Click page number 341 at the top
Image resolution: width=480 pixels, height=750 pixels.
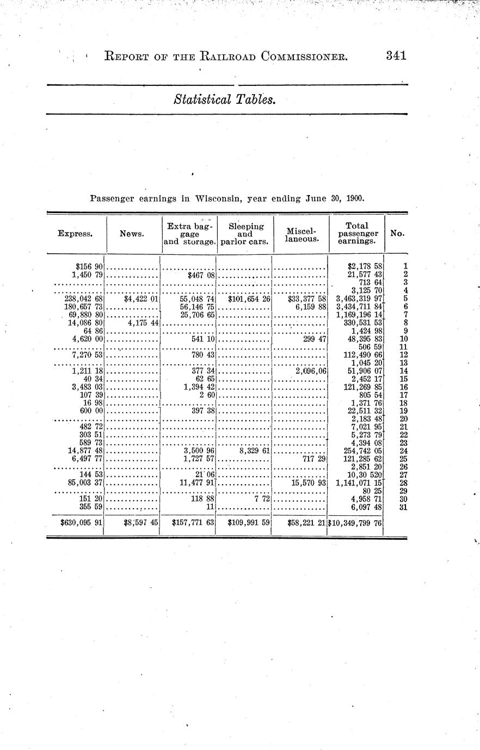coord(396,55)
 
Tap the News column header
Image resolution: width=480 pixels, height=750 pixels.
coord(132,234)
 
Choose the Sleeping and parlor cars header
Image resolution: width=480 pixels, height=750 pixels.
coord(245,234)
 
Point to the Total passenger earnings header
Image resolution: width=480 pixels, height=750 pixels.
coord(357,233)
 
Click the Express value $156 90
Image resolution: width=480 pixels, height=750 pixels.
coord(90,267)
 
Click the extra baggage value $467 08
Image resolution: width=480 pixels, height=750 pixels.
coord(201,275)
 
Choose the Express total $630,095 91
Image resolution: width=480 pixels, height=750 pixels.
coord(82,523)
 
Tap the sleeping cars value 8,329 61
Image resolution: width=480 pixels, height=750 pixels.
coord(251,450)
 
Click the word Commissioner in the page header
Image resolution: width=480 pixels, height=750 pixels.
coord(297,56)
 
